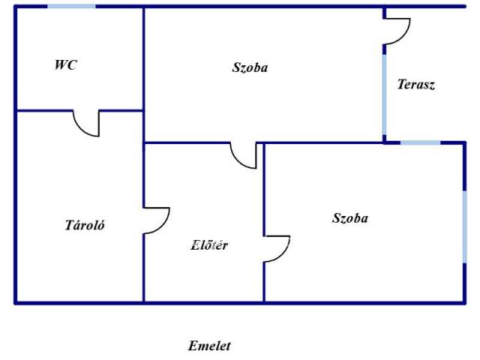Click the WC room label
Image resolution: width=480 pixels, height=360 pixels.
pyautogui.click(x=65, y=65)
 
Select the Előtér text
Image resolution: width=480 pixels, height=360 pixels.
pyautogui.click(x=210, y=244)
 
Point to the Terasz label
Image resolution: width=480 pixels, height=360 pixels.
pyautogui.click(x=416, y=85)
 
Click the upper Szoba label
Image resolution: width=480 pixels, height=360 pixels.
pyautogui.click(x=250, y=67)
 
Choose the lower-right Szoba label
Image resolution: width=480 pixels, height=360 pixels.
pyautogui.click(x=350, y=218)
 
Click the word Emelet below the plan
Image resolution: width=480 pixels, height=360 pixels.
pyautogui.click(x=209, y=346)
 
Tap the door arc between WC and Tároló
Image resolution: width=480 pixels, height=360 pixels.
pyautogui.click(x=87, y=124)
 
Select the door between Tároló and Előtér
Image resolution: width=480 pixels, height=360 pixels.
pyautogui.click(x=157, y=220)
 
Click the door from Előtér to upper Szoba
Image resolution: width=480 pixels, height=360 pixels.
pyautogui.click(x=244, y=155)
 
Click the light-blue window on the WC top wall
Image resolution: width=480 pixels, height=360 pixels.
pyautogui.click(x=72, y=6)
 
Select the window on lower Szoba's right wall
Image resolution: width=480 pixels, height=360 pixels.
pyautogui.click(x=465, y=225)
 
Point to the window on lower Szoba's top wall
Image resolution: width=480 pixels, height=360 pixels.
pyautogui.click(x=420, y=142)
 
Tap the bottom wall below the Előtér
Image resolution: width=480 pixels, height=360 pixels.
pyautogui.click(x=202, y=302)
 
